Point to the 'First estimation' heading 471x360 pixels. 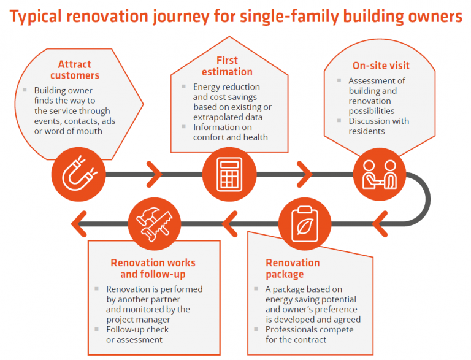tap(227, 66)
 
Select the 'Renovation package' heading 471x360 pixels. tap(293, 269)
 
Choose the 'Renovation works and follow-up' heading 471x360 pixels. tap(154, 269)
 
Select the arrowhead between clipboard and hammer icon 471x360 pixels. tap(228, 219)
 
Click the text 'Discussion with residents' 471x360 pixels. tap(379, 126)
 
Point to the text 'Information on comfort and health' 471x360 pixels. tap(231, 132)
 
